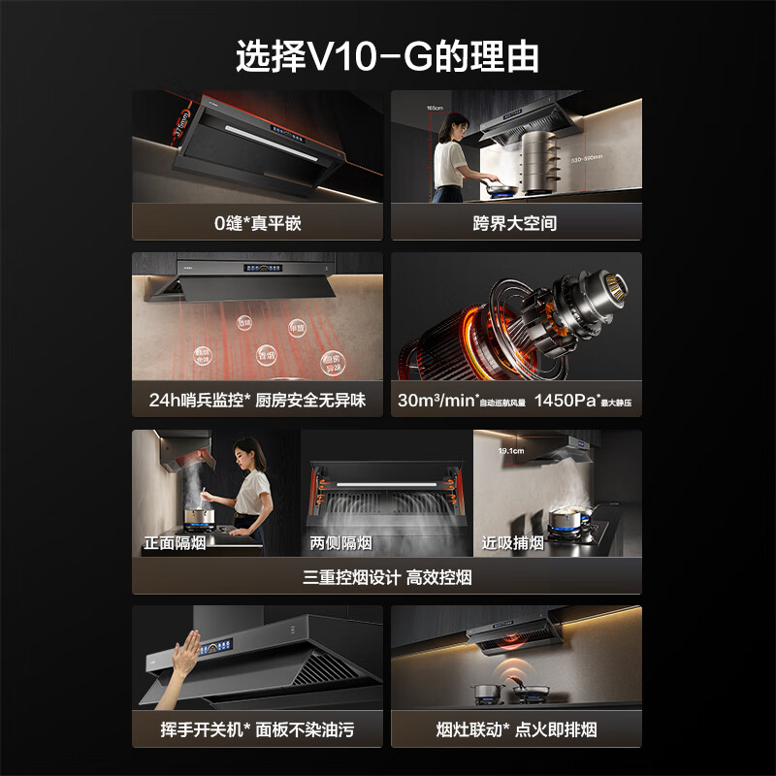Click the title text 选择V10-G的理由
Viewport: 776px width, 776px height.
coord(387,56)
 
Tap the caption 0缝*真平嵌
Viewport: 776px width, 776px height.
coord(258,223)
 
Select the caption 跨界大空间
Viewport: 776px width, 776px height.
coord(515,223)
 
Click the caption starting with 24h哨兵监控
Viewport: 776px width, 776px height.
coord(257,400)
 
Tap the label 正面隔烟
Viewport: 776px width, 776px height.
coord(175,543)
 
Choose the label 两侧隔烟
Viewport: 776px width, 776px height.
coord(340,543)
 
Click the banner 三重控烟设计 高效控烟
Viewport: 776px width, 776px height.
coord(387,577)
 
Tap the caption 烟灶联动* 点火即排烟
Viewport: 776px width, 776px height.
coord(515,728)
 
